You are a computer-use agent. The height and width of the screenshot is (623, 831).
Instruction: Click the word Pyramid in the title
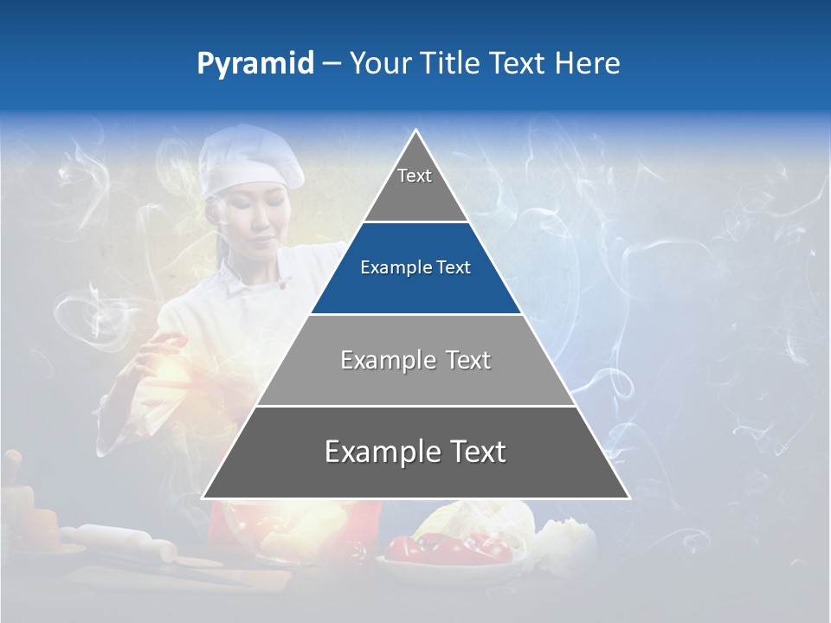[255, 64]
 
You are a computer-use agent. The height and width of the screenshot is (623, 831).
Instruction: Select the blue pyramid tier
[415, 268]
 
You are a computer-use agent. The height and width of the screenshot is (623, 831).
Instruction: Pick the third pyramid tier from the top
[415, 360]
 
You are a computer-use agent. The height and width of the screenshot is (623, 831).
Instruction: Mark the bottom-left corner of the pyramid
[203, 498]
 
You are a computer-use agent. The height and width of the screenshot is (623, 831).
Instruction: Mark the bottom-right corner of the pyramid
[628, 498]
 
